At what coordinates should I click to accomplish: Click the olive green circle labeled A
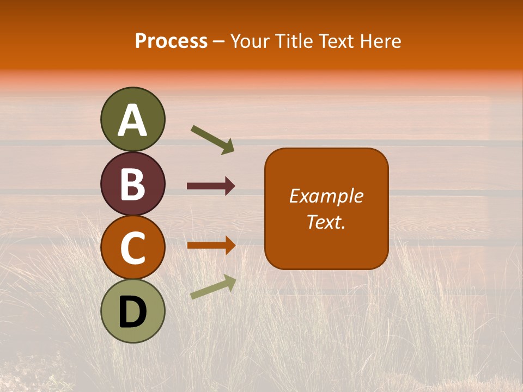click(132, 119)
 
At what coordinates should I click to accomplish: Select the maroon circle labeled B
click(132, 183)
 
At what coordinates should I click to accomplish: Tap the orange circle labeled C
click(132, 248)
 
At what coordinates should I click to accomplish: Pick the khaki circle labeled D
click(132, 311)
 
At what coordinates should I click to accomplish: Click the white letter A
click(132, 120)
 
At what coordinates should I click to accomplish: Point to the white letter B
click(132, 184)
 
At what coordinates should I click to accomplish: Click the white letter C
click(132, 248)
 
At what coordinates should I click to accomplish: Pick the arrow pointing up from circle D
click(213, 287)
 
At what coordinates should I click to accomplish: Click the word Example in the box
click(326, 196)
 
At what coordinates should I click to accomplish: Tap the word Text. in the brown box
click(326, 222)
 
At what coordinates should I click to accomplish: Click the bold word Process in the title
click(171, 41)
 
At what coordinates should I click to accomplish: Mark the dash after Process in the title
click(219, 41)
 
